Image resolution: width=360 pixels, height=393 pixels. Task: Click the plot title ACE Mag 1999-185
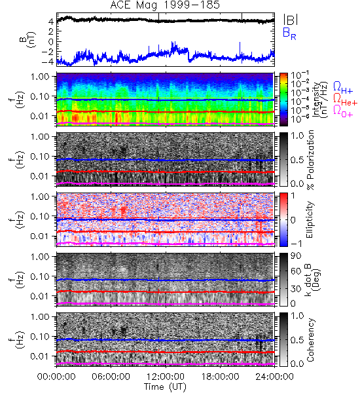tap(165, 5)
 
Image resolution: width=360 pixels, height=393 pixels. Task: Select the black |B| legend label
tap(291, 19)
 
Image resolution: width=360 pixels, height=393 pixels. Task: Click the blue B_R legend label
tap(289, 33)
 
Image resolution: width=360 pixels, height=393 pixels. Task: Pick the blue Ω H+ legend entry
tap(343, 88)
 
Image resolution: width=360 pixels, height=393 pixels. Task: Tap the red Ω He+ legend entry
tap(345, 100)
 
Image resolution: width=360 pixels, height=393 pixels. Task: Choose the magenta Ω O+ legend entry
tap(343, 111)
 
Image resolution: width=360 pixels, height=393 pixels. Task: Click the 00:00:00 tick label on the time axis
tap(56, 377)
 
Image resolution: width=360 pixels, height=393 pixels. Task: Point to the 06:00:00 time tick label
tap(111, 377)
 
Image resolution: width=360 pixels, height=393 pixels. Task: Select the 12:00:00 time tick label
tap(166, 377)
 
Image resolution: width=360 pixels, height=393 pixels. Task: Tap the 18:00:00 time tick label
tap(220, 377)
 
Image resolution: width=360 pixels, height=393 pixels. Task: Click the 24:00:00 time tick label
tap(274, 377)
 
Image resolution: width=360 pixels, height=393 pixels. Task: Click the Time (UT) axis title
tap(165, 386)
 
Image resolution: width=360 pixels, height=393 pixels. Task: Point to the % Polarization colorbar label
tap(310, 160)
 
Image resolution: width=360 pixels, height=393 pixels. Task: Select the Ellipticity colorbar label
tap(310, 220)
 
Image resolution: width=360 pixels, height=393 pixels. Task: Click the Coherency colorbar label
tap(310, 340)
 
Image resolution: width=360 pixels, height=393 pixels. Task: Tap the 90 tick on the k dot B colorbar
tap(296, 256)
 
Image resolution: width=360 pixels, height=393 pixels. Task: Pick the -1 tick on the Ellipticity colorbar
tap(297, 244)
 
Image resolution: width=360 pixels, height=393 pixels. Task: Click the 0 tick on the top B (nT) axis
tap(51, 42)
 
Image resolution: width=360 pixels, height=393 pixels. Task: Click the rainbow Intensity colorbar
tap(283, 100)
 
